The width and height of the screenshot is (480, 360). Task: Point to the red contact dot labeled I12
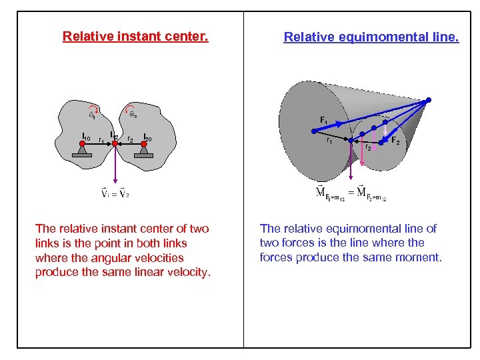pos(115,143)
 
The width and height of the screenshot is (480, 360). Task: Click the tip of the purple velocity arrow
pos(115,182)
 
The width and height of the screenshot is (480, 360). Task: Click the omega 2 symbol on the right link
pos(133,115)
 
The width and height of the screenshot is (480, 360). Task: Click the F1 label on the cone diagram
pos(323,120)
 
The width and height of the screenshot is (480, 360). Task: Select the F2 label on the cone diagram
pos(395,141)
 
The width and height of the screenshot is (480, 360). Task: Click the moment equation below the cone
pos(351,193)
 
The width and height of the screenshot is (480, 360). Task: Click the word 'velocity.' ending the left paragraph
pos(188,272)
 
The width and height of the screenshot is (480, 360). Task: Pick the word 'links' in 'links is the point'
pos(50,243)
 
